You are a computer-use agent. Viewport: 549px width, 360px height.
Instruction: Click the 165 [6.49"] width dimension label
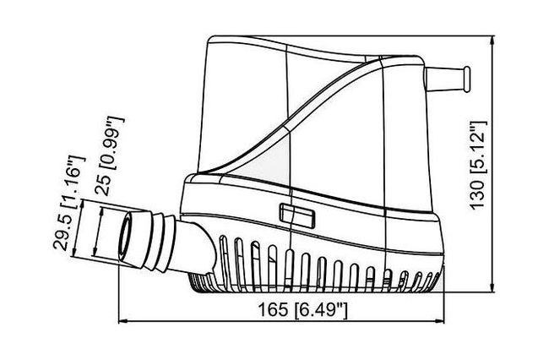[302, 310]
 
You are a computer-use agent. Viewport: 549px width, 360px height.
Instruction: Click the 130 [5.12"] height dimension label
[478, 166]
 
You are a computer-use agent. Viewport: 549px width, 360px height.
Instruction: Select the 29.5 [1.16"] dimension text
[69, 203]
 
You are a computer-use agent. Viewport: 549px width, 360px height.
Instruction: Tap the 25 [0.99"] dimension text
[110, 155]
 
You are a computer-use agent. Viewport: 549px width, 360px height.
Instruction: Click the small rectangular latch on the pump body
[297, 216]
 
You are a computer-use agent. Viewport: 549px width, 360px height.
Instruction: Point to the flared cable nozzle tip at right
[467, 79]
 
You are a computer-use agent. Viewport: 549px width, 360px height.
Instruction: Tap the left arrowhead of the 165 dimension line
[122, 320]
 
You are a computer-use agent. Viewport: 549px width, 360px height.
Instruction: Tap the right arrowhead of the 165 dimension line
[440, 320]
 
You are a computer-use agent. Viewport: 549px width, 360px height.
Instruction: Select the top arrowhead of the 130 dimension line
[492, 40]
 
